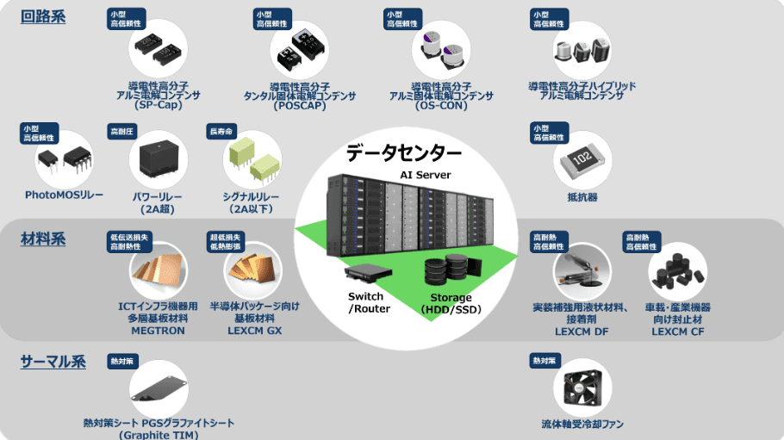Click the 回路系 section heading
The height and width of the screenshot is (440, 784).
[x=43, y=17]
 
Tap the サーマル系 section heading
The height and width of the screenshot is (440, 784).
[x=53, y=362]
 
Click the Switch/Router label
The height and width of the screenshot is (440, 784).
[x=369, y=302]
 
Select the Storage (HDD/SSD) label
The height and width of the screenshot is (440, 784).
[x=451, y=304]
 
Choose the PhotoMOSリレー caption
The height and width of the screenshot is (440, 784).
[x=65, y=195]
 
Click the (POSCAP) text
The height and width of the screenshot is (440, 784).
[x=299, y=106]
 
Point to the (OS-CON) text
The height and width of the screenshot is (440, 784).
[x=441, y=106]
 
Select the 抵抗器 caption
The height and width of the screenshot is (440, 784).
[x=582, y=197]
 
